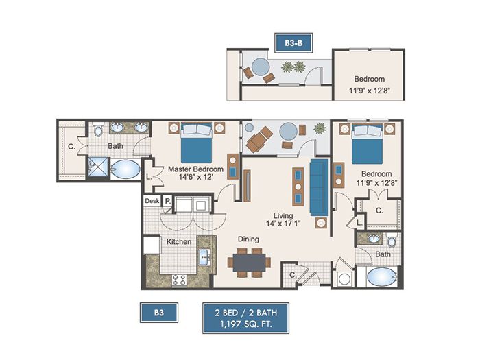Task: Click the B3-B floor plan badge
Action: [x=293, y=43]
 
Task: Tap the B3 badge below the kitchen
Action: [x=159, y=313]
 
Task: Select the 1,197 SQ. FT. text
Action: [x=245, y=324]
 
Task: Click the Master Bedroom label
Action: [x=195, y=169]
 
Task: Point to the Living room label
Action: [x=283, y=215]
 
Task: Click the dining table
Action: [x=249, y=263]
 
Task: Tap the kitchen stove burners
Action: [x=179, y=280]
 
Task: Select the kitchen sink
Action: [x=204, y=257]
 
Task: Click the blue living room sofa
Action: [x=320, y=187]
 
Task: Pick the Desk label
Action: [x=152, y=201]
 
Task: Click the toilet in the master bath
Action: [x=98, y=130]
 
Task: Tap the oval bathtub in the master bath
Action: [x=125, y=169]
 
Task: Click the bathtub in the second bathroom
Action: [x=381, y=277]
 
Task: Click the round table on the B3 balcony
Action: [x=289, y=132]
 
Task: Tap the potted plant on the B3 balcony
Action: [x=320, y=128]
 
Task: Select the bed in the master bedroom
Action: [x=196, y=143]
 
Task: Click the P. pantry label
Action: [x=168, y=201]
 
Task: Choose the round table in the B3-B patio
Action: [x=260, y=67]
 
